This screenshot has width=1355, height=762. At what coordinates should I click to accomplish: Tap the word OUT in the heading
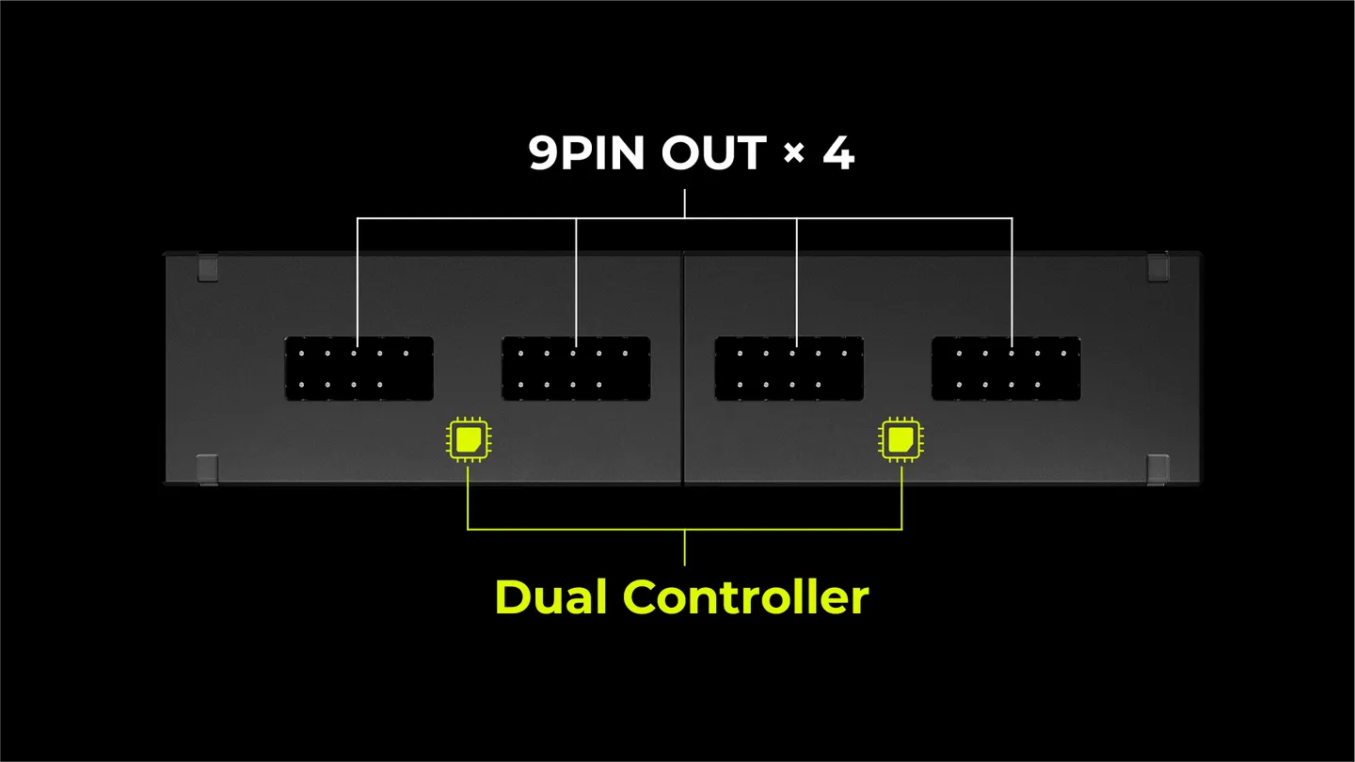coord(714,152)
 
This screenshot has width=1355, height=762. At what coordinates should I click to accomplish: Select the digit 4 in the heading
coord(839,153)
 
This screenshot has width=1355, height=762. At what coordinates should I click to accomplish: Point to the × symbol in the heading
coord(793,153)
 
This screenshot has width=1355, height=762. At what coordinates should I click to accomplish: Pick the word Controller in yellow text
coord(746,596)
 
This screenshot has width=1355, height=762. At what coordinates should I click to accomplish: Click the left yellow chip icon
coord(469,439)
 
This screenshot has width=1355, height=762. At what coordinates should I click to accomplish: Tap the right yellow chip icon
coord(901,439)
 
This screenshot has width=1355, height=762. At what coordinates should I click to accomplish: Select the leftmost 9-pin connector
coord(359,369)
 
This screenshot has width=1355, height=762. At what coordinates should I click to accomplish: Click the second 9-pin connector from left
coord(576,369)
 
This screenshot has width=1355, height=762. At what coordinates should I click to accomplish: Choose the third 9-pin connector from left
coord(789,369)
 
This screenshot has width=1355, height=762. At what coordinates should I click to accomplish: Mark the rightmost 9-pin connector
coord(1006,369)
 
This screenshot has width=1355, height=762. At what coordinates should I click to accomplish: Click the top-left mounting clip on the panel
coord(207,268)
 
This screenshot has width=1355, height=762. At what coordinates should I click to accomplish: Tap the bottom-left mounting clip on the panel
coord(207,469)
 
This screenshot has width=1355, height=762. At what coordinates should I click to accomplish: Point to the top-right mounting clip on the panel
coord(1158,268)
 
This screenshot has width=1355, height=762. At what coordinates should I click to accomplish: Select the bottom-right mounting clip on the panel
coord(1158,469)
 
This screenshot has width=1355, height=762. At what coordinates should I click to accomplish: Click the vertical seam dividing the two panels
coord(683,369)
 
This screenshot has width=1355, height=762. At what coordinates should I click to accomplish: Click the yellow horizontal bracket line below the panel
coord(685,529)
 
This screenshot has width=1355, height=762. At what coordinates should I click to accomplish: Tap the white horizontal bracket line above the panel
coord(685,218)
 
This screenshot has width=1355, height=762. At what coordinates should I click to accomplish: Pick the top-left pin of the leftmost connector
coord(301,353)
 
